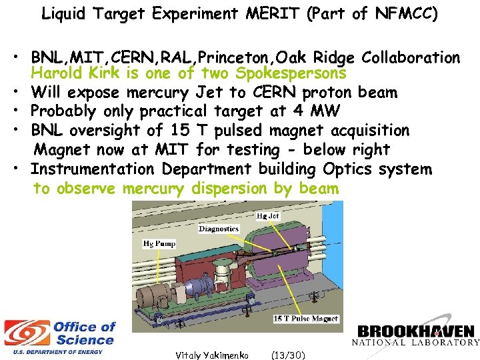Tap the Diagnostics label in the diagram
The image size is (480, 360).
218,229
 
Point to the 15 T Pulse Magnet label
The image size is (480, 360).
306,319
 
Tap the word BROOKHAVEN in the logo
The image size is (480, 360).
416,331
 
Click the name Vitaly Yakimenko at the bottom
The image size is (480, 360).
211,355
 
